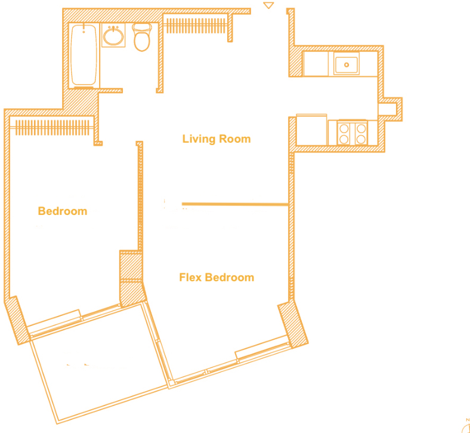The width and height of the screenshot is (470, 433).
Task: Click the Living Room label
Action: [217, 139]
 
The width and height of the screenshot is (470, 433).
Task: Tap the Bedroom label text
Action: [63, 211]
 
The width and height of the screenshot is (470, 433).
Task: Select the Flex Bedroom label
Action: [217, 277]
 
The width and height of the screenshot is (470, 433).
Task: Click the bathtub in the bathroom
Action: [84, 55]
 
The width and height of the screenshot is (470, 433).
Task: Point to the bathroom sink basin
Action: [113, 36]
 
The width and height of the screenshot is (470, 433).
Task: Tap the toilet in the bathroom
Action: [142, 37]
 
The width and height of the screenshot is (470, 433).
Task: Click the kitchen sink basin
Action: [346, 65]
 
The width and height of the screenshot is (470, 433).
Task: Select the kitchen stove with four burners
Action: [352, 133]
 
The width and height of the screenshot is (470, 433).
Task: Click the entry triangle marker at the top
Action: [268, 5]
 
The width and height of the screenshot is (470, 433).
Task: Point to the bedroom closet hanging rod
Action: [52, 128]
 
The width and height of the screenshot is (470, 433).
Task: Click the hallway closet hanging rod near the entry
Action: [196, 26]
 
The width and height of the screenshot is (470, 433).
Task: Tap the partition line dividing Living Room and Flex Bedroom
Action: [235, 204]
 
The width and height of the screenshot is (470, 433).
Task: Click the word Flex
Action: [190, 277]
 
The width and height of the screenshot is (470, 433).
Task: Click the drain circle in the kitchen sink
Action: [347, 65]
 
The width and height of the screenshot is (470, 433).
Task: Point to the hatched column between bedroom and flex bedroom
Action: [131, 278]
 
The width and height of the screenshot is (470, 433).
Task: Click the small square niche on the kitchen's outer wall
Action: [387, 109]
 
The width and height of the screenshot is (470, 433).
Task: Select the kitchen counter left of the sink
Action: [316, 64]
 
